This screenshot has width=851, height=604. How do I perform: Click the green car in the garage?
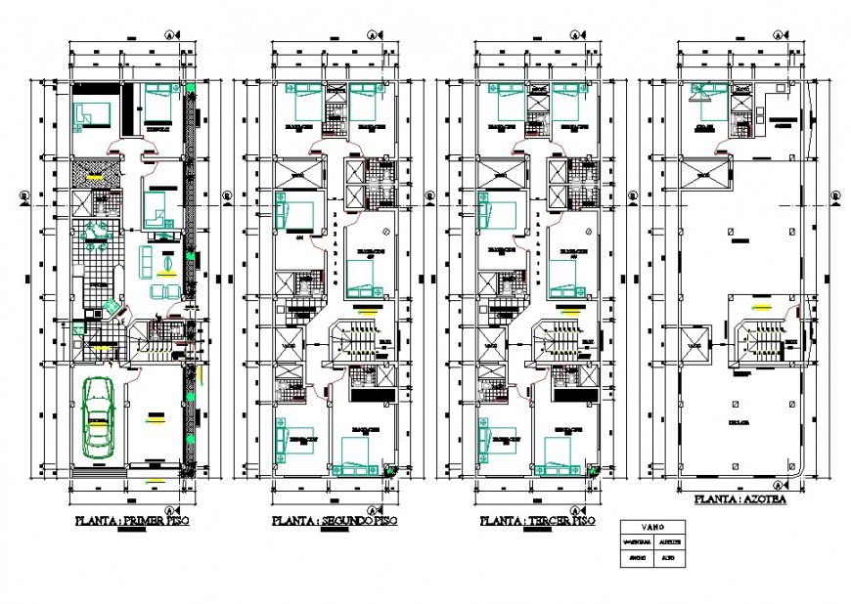coord(98,418)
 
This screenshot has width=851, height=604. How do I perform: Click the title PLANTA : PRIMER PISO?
coord(133,522)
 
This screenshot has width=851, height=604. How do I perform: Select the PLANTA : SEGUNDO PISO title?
coord(336,522)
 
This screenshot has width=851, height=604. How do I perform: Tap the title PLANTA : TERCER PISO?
coord(537,522)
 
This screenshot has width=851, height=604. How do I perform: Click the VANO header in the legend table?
coord(652,525)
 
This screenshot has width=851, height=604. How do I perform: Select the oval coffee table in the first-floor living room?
coord(165,263)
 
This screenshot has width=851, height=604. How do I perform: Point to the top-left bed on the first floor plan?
coord(94,114)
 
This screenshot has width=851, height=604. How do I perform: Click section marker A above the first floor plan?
coord(168,34)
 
